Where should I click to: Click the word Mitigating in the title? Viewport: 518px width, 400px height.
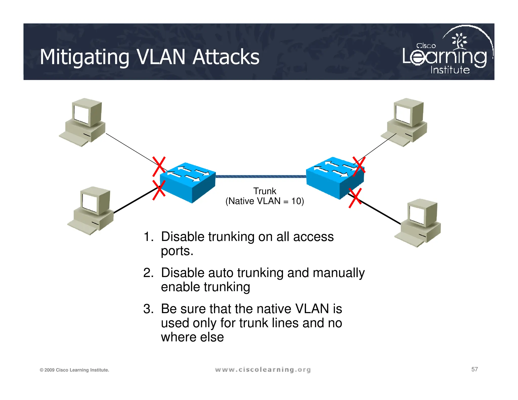click(x=84, y=57)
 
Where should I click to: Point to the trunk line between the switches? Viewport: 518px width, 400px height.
click(x=261, y=176)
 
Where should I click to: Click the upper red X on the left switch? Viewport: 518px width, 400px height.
click(x=159, y=167)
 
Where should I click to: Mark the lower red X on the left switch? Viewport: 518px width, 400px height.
click(x=159, y=190)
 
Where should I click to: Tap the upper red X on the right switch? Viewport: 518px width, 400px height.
click(x=359, y=166)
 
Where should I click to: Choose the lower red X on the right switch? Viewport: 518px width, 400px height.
click(x=355, y=198)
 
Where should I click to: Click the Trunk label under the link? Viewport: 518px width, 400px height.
click(x=265, y=191)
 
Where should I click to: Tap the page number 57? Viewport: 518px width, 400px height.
click(x=474, y=369)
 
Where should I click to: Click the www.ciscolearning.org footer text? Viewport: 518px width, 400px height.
click(x=263, y=370)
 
